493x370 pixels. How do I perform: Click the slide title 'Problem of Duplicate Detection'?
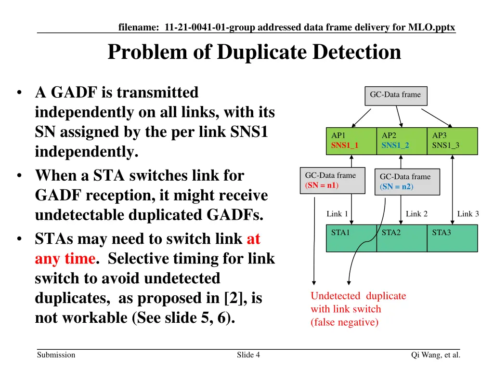coord(254,52)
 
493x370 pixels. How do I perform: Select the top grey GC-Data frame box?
coord(395,95)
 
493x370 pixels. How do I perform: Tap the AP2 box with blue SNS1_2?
coord(402,141)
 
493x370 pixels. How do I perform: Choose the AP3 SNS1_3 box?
coord(452,141)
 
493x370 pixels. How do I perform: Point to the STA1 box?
coord(351,238)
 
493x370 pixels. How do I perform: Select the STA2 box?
coord(402,238)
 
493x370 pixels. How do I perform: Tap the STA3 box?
coord(452,238)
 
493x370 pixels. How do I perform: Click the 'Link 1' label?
coord(337,214)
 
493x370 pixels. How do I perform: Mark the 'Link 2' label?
coord(416,214)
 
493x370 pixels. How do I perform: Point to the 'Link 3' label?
coord(468,214)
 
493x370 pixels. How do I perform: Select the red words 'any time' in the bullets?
coord(65,259)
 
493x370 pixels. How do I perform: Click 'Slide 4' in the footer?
coord(248,355)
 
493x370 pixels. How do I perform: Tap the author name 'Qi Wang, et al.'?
coord(436,355)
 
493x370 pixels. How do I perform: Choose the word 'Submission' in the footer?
coord(56,355)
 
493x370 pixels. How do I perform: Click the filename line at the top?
coord(286,27)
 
